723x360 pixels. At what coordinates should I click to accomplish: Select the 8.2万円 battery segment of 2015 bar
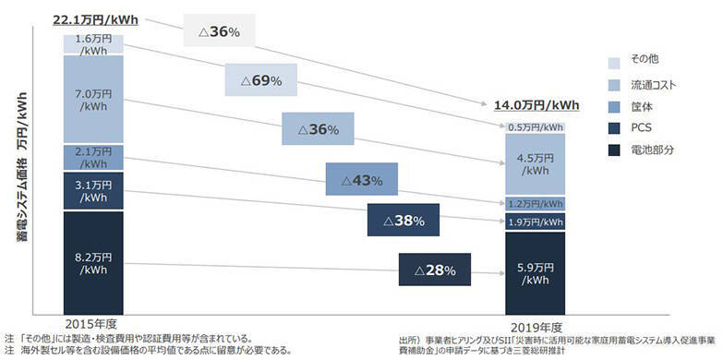pos(93,262)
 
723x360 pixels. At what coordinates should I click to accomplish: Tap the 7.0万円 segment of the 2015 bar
pos(93,100)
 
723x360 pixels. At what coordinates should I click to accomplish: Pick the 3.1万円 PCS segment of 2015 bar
pos(93,191)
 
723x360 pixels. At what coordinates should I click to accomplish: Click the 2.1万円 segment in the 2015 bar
pos(93,157)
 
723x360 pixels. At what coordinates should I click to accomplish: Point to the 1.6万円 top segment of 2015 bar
pos(93,44)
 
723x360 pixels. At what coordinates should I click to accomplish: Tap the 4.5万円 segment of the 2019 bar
pos(535,163)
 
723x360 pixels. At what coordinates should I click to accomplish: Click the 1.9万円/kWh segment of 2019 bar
pos(535,222)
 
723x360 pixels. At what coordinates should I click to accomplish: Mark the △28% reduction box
pos(435,270)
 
